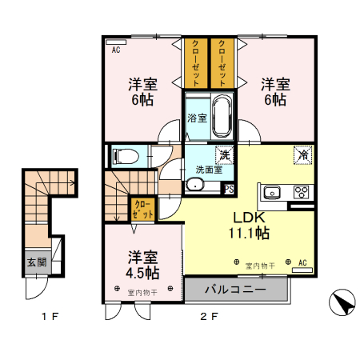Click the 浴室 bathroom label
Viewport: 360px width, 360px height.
(196, 118)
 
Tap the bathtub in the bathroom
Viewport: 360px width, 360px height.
(222, 115)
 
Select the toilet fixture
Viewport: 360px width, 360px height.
(123, 156)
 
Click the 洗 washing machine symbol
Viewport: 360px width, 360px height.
(226, 155)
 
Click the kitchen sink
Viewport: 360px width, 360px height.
(270, 192)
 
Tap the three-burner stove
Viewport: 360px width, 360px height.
(302, 192)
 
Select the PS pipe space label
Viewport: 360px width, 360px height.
(228, 190)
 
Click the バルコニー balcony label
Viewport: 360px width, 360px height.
(236, 288)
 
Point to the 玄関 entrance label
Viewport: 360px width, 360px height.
(36, 262)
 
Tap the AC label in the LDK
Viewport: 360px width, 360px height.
(303, 262)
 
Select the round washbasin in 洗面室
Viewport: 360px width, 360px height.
(194, 186)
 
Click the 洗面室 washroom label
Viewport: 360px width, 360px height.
(210, 170)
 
